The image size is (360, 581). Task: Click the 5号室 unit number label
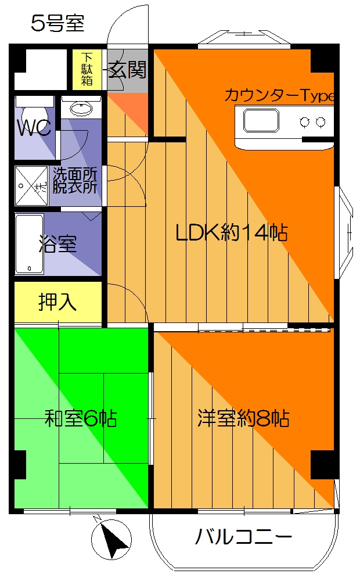(x=57, y=24)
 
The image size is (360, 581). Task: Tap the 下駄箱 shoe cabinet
(x=87, y=70)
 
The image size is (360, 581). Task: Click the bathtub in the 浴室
(x=30, y=244)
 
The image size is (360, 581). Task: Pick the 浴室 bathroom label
(x=57, y=245)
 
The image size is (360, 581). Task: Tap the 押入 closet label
(x=57, y=302)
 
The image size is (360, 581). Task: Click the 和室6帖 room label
(x=81, y=418)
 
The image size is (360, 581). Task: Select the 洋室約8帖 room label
(x=243, y=418)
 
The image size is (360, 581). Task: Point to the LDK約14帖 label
(x=232, y=233)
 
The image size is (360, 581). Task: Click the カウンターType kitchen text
(x=279, y=95)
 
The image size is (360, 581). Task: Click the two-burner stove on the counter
(x=312, y=121)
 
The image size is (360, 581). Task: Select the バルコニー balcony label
(x=243, y=537)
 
